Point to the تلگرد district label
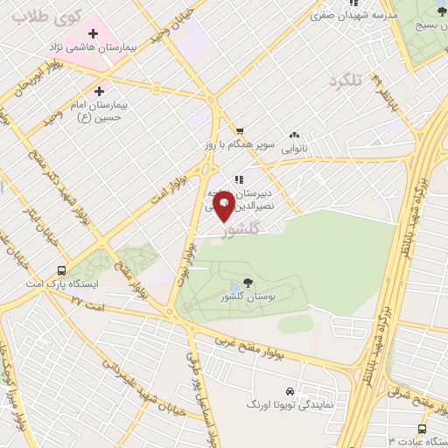tap(345, 82)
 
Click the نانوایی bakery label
tap(294, 149)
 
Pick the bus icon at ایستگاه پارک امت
tap(61, 270)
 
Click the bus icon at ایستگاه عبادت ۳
tap(423, 429)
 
